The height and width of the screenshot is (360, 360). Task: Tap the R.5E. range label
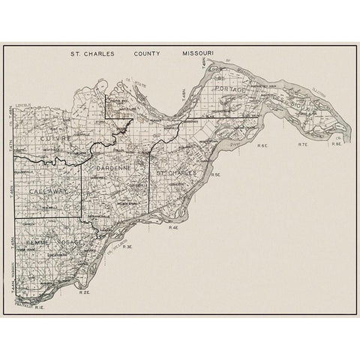click(x=215, y=174)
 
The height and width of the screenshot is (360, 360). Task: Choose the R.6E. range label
click(x=262, y=144)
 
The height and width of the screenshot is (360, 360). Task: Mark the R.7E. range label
click(x=303, y=144)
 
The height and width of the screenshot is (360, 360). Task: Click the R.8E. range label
click(x=337, y=142)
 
